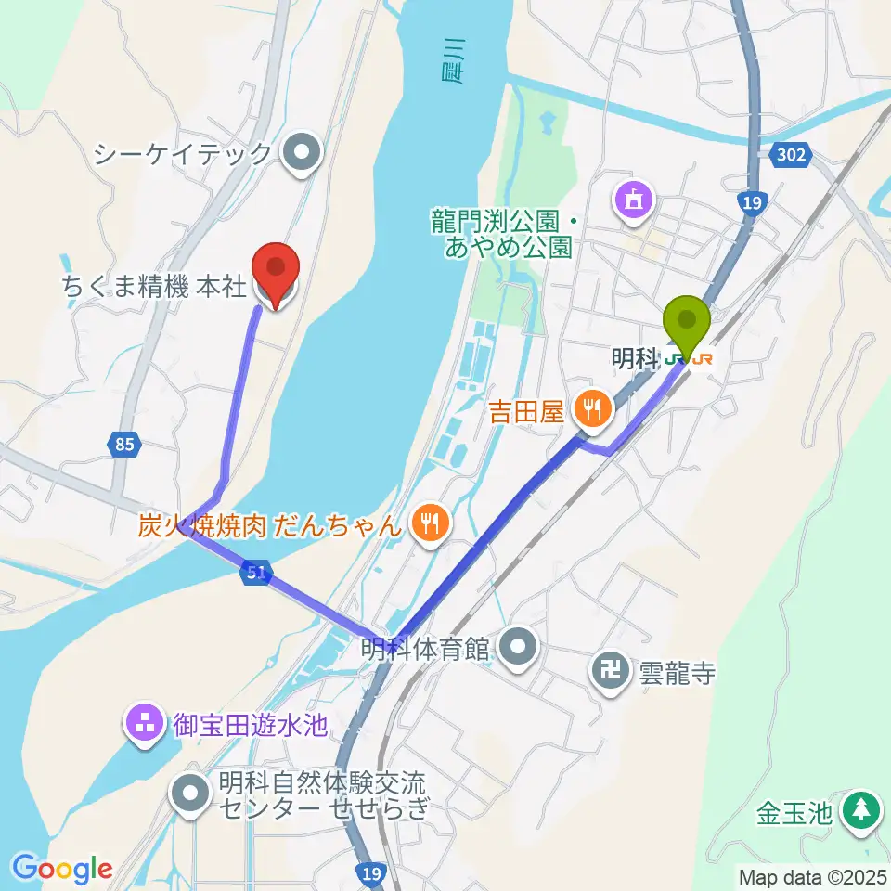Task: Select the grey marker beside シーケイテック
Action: click(x=302, y=154)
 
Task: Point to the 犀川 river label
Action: click(x=451, y=63)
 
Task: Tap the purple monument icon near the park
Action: click(x=634, y=200)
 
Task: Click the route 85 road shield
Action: click(x=124, y=445)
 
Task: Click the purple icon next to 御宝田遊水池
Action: click(x=146, y=724)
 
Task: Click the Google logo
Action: click(x=63, y=869)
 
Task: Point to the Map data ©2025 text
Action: click(x=813, y=876)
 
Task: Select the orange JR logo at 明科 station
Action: click(x=703, y=358)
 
